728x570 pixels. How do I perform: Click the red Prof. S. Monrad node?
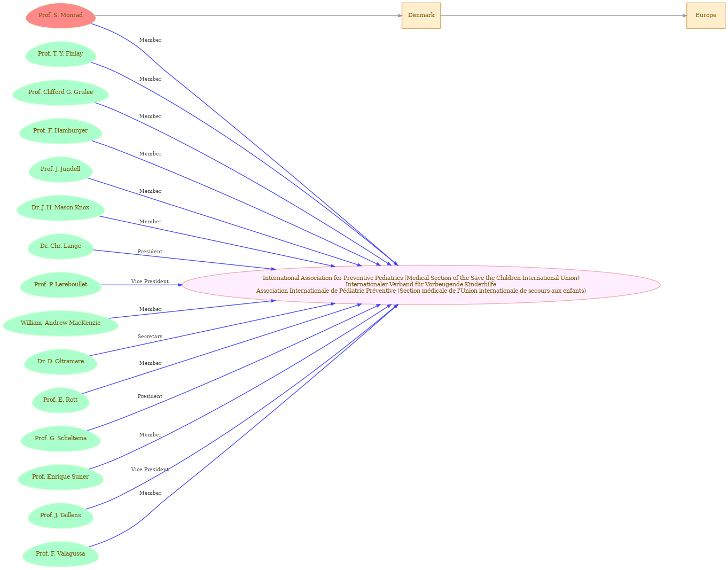61,15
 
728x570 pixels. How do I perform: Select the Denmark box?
421,15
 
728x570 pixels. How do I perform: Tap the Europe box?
706,15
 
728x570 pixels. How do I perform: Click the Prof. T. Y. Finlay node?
61,54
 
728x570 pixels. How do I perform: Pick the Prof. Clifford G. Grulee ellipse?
61,92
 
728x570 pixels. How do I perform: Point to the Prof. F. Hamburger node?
61,131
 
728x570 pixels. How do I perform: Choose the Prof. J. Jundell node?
61,169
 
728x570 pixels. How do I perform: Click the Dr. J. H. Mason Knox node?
61,208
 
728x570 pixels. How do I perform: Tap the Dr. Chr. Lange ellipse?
61,246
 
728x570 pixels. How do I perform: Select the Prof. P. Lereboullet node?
61,285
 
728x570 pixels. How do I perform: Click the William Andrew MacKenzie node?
61,323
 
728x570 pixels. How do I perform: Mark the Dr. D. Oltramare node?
61,362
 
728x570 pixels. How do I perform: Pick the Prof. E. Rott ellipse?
61,400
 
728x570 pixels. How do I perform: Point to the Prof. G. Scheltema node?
61,439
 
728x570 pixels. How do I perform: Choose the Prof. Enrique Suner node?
61,477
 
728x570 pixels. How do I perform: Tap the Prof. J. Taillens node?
61,516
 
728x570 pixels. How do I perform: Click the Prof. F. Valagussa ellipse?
61,555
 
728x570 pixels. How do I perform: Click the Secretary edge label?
150,337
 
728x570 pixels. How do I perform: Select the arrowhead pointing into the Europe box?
684,15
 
